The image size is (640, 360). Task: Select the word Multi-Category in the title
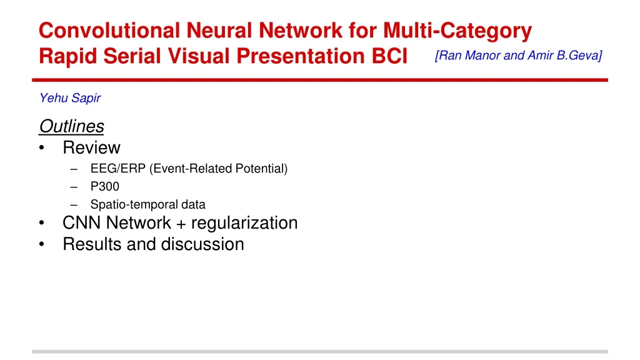(457, 30)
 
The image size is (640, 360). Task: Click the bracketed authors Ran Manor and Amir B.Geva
(519, 56)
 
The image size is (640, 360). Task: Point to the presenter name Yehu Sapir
(70, 98)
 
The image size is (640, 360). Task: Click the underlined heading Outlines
(71, 126)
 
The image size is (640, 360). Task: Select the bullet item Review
(91, 148)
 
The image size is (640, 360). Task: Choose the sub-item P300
(104, 186)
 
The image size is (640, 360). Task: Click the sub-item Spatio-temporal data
(147, 204)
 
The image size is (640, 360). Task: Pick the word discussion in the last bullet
(202, 244)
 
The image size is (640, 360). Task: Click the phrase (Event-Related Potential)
(219, 169)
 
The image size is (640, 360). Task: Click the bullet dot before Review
(41, 149)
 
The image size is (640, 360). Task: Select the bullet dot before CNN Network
(41, 224)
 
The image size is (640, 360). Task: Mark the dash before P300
(75, 187)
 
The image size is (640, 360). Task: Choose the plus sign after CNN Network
(181, 224)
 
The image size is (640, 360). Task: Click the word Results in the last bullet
(92, 244)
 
